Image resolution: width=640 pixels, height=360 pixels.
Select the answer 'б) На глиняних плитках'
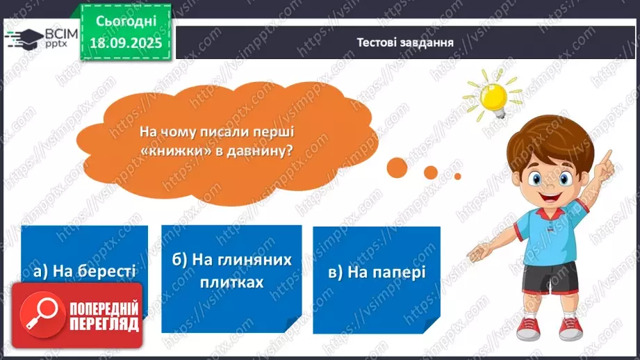point(231,272)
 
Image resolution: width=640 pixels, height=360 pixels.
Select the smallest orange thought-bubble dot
point(457,176)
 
